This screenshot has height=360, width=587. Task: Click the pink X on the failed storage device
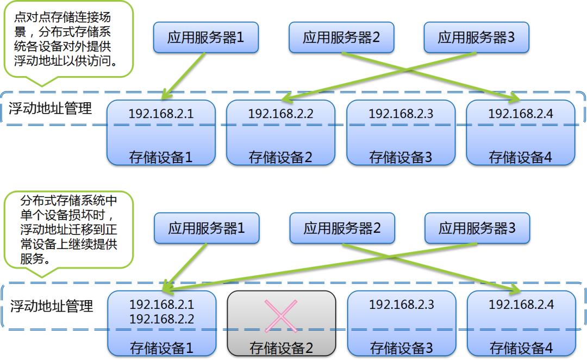click(281, 316)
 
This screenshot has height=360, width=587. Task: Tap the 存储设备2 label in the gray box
click(281, 348)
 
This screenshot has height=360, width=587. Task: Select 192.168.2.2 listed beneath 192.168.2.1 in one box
click(162, 319)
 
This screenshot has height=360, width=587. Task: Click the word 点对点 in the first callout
click(32, 17)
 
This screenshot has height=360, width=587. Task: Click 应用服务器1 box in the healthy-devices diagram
click(206, 38)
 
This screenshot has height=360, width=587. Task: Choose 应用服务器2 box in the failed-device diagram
click(342, 228)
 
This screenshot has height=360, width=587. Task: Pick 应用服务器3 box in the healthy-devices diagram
click(477, 38)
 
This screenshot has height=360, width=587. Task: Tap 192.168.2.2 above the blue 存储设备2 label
click(281, 114)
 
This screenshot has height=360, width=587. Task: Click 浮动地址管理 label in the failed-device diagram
click(52, 306)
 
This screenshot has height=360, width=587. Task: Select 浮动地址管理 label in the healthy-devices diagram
click(51, 109)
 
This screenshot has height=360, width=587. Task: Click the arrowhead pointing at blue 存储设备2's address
click(287, 98)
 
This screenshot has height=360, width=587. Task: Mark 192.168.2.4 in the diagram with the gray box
click(521, 305)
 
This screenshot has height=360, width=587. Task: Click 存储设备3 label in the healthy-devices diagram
click(401, 157)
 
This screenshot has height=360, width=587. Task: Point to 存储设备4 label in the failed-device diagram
click(521, 348)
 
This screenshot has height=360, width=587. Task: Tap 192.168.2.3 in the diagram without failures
click(401, 114)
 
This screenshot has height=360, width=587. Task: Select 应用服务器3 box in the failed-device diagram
click(477, 228)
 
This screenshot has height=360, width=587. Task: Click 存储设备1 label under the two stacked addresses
click(162, 348)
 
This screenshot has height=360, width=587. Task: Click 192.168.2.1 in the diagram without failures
click(161, 114)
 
